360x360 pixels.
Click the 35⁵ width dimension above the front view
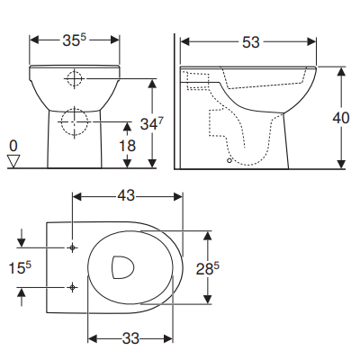pyautogui.click(x=76, y=40)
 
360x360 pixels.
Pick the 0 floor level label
pyautogui.click(x=13, y=145)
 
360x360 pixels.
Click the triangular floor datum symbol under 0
pyautogui.click(x=13, y=161)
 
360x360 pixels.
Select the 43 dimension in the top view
pyautogui.click(x=126, y=194)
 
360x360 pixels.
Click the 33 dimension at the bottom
pyautogui.click(x=130, y=339)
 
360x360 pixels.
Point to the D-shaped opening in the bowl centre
pyautogui.click(x=121, y=266)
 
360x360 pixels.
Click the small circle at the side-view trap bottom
pyautogui.click(x=231, y=162)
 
